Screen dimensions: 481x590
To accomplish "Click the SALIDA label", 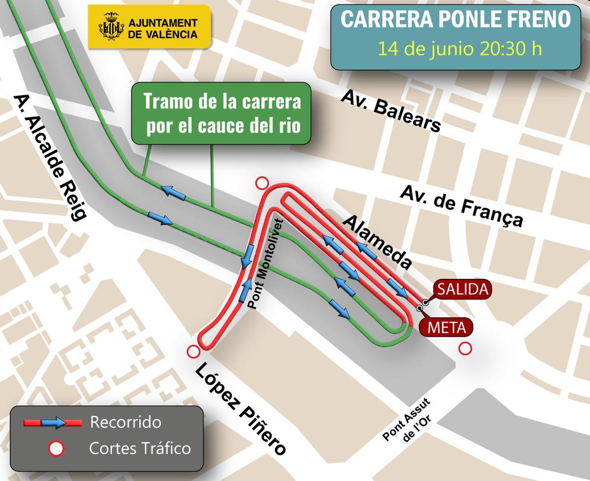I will (x=462, y=290).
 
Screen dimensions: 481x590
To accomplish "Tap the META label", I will (x=446, y=327).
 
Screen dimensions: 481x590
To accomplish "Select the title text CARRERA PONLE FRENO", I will (x=456, y=20).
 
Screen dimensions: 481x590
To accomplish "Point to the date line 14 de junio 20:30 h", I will (x=459, y=49).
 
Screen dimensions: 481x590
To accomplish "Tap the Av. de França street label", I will (x=462, y=206).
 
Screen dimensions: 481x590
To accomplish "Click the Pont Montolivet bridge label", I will (x=265, y=264).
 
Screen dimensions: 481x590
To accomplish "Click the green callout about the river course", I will (x=222, y=113).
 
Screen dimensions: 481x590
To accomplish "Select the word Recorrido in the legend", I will (x=125, y=422).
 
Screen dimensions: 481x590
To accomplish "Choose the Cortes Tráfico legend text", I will (x=140, y=448).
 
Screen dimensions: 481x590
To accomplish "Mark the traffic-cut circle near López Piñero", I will (x=193, y=352).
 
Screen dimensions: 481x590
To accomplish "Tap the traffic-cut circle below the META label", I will (x=465, y=348).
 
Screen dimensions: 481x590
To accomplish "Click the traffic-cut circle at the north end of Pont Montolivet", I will (x=262, y=184).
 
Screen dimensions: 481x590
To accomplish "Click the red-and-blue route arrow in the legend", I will (x=53, y=422).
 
